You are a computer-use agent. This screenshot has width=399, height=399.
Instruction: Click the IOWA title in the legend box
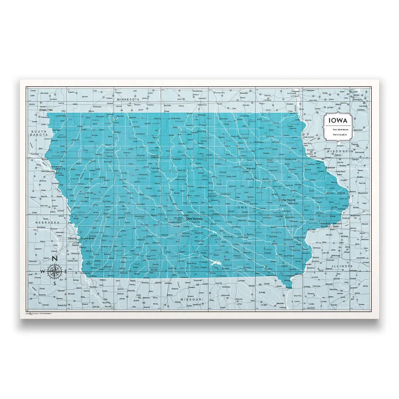pyautogui.click(x=338, y=121)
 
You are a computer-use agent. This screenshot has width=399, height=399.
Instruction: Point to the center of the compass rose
pyautogui.click(x=55, y=271)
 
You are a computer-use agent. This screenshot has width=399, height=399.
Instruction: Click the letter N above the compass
pyautogui.click(x=55, y=260)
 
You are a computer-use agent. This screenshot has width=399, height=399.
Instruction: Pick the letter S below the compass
pyautogui.click(x=55, y=283)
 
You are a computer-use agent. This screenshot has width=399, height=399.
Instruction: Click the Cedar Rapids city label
pyautogui.click(x=287, y=200)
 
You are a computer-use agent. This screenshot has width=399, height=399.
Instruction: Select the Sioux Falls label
pyautogui.click(x=46, y=109)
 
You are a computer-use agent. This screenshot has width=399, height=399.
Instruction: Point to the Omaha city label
pyautogui.click(x=72, y=238)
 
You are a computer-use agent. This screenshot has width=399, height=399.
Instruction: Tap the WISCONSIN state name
pyautogui.click(x=339, y=151)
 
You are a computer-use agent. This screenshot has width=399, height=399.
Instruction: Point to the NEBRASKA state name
pyautogui.click(x=48, y=222)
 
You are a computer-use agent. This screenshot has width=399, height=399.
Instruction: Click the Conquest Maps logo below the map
pyautogui.click(x=34, y=314)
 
